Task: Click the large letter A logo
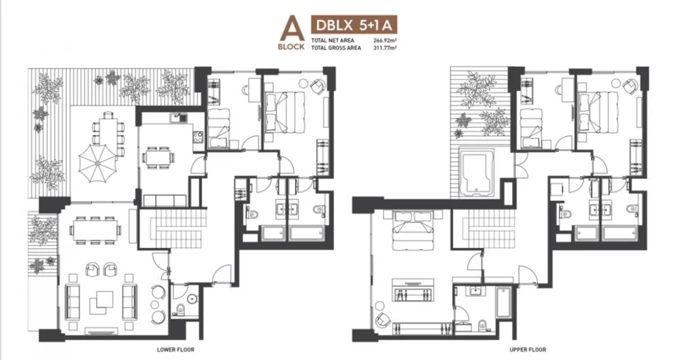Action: point(291,29)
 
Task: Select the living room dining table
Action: point(95,229)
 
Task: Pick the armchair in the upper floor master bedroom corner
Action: point(382,318)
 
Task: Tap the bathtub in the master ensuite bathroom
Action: point(502,309)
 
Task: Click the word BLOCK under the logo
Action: point(291,47)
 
